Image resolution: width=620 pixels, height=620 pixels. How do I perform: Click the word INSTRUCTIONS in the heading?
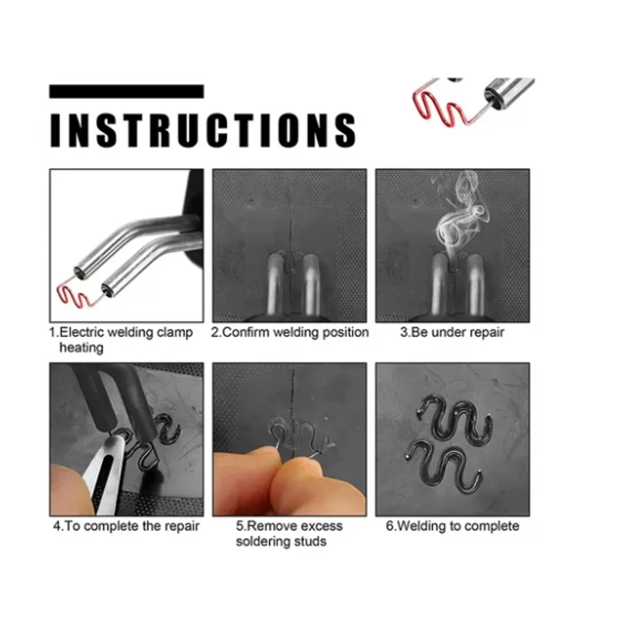203,130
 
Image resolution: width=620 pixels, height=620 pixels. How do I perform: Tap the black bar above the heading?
126,91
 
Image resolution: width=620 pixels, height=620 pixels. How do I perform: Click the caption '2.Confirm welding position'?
290,332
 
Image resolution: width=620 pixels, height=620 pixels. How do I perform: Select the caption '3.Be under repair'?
452,332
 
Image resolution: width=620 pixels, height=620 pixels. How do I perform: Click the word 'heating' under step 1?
81,348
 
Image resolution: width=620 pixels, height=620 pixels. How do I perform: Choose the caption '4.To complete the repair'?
127,526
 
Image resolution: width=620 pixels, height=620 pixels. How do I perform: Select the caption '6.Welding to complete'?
453,526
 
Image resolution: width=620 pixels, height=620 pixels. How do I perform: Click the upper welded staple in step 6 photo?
455,419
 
